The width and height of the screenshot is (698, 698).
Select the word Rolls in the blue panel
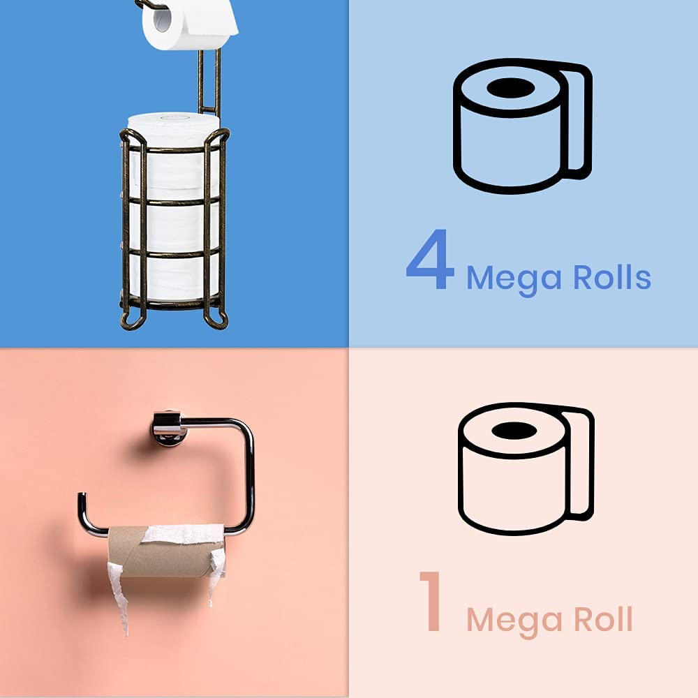point(612,277)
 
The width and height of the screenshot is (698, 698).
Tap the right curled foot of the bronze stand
point(218,320)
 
